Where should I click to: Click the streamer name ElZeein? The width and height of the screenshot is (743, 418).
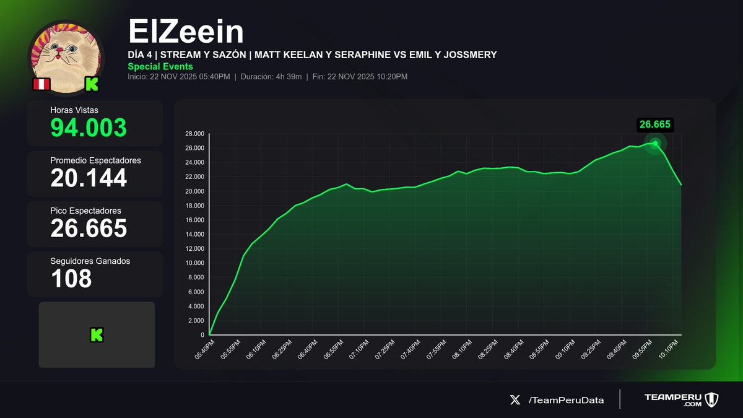[186, 32]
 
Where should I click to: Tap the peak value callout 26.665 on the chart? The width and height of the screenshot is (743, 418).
[655, 124]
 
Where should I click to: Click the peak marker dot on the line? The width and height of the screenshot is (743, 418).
[655, 143]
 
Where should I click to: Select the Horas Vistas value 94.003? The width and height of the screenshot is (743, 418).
[89, 128]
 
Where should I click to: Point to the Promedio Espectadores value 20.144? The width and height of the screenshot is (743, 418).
[89, 178]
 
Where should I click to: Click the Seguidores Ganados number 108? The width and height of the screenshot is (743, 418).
[71, 278]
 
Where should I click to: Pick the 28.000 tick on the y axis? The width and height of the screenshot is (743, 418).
[194, 134]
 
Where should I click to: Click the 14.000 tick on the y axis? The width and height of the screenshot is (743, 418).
[194, 234]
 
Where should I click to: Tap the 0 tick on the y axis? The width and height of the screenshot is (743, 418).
[202, 335]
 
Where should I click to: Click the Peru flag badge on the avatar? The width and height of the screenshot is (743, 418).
[41, 84]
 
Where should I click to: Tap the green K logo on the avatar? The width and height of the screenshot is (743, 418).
[92, 84]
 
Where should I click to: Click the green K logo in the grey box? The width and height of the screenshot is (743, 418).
[97, 335]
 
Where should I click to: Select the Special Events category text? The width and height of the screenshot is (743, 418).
[160, 66]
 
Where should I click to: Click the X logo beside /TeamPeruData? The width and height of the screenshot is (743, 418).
[515, 400]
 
